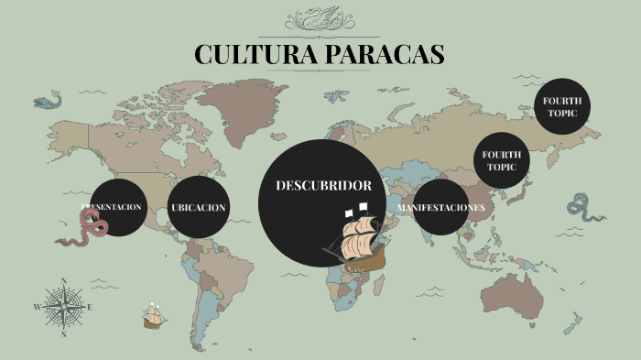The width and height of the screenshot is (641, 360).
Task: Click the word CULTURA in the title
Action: click(x=253, y=54)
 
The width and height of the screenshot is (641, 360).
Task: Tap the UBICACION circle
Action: click(x=198, y=207)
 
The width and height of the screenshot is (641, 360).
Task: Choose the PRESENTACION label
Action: click(x=111, y=207)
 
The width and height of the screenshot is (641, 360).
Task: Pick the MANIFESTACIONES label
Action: click(x=440, y=207)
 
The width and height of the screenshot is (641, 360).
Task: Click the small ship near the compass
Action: click(x=153, y=317)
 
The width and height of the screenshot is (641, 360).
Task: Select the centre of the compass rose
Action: click(x=63, y=308)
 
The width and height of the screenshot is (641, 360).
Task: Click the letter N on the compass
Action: click(x=63, y=281)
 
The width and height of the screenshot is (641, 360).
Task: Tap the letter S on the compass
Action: click(x=63, y=335)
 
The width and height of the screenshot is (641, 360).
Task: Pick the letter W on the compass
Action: click(x=37, y=308)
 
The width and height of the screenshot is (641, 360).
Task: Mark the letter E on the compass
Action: click(x=90, y=308)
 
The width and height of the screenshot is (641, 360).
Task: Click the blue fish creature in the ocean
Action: click(x=47, y=101)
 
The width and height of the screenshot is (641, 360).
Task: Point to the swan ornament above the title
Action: click(x=320, y=19)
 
